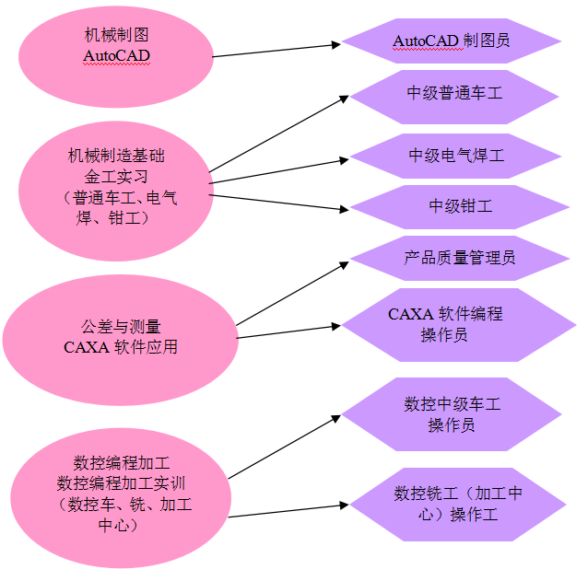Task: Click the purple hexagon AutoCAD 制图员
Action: (x=452, y=41)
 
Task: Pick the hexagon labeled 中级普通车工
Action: (x=455, y=94)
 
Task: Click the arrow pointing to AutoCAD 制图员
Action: (x=276, y=50)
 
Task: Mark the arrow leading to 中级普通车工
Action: (x=276, y=133)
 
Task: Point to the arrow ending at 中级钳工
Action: (x=276, y=199)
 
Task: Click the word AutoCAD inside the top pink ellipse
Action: (x=116, y=56)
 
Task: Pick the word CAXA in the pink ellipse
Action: (x=86, y=348)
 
